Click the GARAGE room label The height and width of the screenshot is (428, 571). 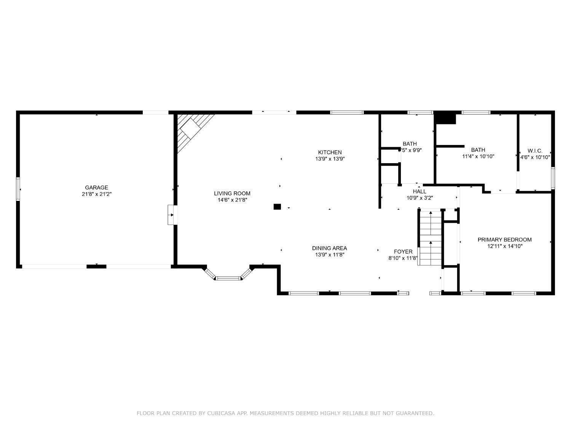pyautogui.click(x=96, y=187)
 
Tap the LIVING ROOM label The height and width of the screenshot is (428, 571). pyautogui.click(x=232, y=193)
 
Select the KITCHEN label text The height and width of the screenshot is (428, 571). pyautogui.click(x=330, y=152)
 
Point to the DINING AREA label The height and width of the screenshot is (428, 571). pyautogui.click(x=329, y=248)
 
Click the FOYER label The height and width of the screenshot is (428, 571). pyautogui.click(x=403, y=251)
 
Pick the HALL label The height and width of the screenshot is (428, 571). pyautogui.click(x=419, y=191)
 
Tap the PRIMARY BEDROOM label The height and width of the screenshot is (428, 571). pyautogui.click(x=504, y=239)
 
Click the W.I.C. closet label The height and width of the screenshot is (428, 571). pyautogui.click(x=535, y=151)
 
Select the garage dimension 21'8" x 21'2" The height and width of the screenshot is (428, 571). pyautogui.click(x=96, y=194)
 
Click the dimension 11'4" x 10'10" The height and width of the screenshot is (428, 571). pyautogui.click(x=478, y=156)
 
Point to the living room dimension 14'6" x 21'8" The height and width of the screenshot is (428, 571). pyautogui.click(x=232, y=200)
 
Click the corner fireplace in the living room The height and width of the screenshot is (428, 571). pyautogui.click(x=193, y=129)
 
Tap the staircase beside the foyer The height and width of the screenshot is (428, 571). pyautogui.click(x=430, y=237)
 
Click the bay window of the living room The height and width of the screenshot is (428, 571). pyautogui.click(x=228, y=276)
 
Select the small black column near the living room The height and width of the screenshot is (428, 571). pyautogui.click(x=277, y=207)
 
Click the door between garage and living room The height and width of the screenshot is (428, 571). pyautogui.click(x=172, y=215)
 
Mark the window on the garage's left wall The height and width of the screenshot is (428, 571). pyautogui.click(x=18, y=189)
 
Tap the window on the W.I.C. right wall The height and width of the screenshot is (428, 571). pyautogui.click(x=553, y=178)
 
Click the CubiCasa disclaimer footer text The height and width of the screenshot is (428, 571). pyautogui.click(x=285, y=413)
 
